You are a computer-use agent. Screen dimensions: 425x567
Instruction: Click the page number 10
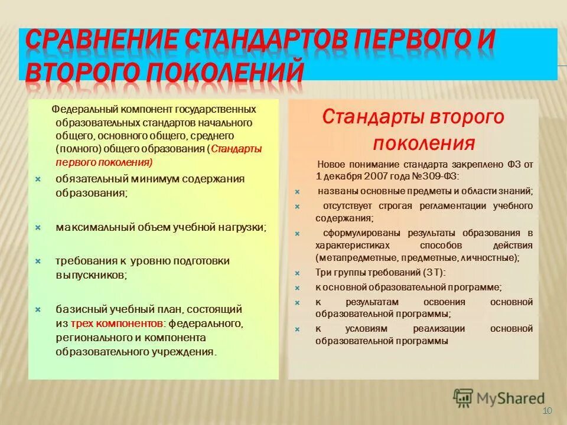(546, 411)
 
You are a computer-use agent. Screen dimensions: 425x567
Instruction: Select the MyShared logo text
(511, 398)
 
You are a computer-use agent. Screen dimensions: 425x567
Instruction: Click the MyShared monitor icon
(464, 398)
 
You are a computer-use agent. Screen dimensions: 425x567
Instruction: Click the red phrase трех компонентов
(116, 323)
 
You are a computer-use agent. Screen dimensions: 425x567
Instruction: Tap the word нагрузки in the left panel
(241, 227)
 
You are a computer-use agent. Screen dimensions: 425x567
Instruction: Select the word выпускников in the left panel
(90, 274)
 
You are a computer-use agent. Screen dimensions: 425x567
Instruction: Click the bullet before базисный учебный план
(37, 309)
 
